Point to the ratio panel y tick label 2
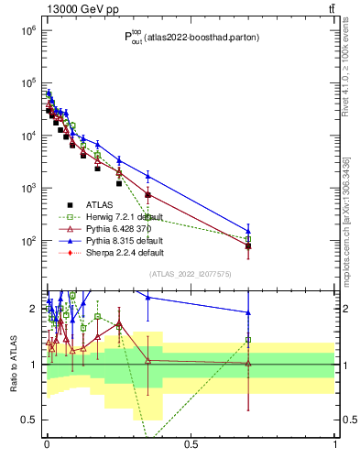pyautogui.click(x=32, y=309)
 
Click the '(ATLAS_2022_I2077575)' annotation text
pyautogui.click(x=191, y=273)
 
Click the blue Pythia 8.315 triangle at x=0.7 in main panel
pyautogui.click(x=248, y=231)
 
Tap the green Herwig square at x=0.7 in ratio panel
pyautogui.click(x=248, y=340)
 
